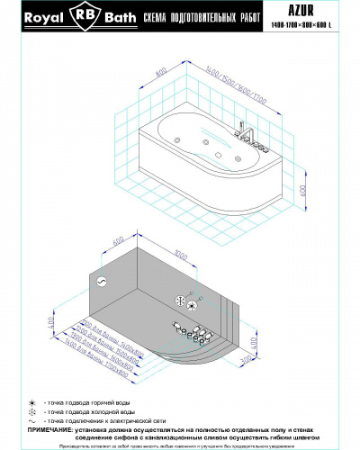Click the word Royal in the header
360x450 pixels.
tap(42, 16)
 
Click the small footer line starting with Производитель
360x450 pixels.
tap(180, 445)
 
